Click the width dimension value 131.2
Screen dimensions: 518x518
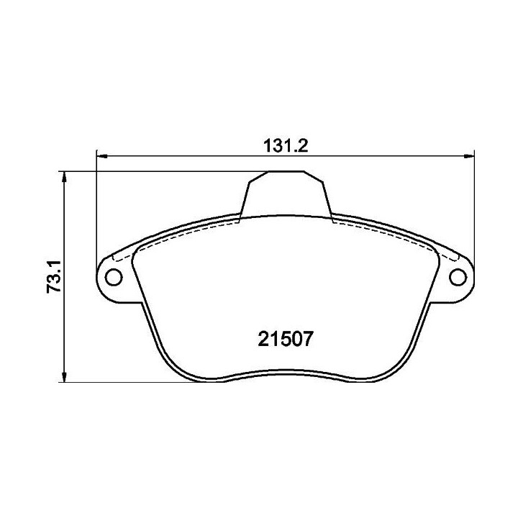coord(286,146)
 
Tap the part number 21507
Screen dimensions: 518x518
coord(285,339)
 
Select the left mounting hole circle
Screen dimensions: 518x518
coord(114,277)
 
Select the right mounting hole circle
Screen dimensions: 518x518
coord(458,277)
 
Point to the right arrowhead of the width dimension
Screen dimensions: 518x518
coord(469,155)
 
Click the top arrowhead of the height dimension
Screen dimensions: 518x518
coord(65,177)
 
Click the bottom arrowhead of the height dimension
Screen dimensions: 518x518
coord(65,376)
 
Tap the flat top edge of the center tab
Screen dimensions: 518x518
coord(286,171)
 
